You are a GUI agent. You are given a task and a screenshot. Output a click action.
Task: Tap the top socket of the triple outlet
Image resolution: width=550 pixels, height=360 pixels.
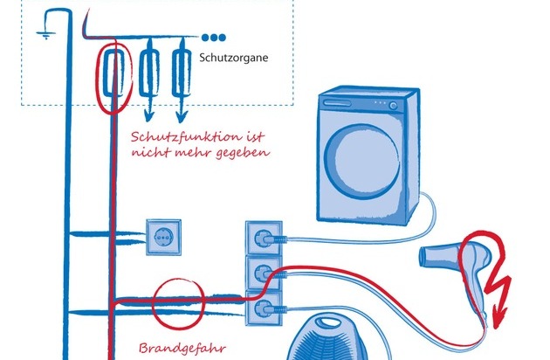[x=262, y=235]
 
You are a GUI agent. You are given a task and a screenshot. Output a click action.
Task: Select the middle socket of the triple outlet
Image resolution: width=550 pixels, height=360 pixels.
[x=262, y=272]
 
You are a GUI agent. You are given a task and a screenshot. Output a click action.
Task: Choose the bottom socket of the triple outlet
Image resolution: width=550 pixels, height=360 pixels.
[x=262, y=307]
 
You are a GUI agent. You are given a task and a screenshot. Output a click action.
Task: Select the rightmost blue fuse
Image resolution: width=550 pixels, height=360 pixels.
[x=182, y=73]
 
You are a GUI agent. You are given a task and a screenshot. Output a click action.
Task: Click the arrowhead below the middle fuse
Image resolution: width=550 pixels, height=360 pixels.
[x=148, y=117]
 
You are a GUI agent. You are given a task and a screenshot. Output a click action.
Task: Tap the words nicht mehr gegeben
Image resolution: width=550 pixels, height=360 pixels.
[x=200, y=152]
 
